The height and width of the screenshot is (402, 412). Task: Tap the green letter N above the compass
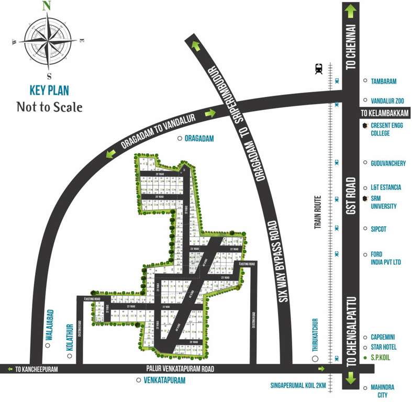(x=47, y=6)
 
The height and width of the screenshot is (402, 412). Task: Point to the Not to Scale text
(x=49, y=107)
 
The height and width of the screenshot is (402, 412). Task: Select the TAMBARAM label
(x=383, y=81)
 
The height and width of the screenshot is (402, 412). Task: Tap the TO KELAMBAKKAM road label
(x=385, y=113)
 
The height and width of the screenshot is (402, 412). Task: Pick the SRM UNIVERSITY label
(x=383, y=202)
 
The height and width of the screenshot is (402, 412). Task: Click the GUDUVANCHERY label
(x=388, y=163)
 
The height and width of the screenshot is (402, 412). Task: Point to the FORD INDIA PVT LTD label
(x=385, y=258)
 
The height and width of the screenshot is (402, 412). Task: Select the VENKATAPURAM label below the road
(x=164, y=381)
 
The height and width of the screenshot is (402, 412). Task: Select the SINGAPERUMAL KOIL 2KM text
(x=298, y=386)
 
